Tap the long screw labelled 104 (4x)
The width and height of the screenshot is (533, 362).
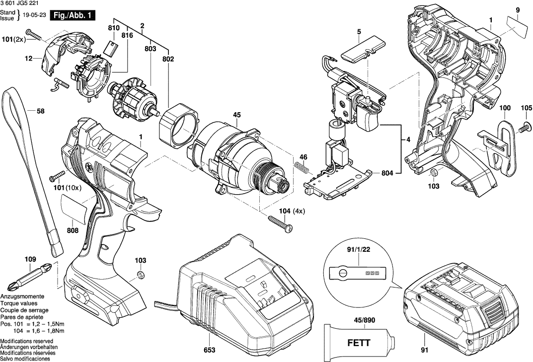pyautogui.click(x=280, y=222)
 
